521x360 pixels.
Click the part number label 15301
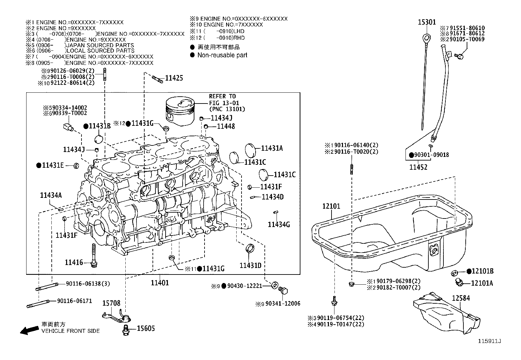[427, 22]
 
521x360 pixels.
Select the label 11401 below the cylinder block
[160, 282]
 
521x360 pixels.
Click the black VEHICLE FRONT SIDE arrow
[29, 330]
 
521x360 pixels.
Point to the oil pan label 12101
[331, 206]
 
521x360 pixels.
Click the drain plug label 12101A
[482, 283]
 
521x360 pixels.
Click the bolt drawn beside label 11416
[94, 256]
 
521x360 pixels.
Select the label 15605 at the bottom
[146, 329]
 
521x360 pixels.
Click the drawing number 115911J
[490, 341]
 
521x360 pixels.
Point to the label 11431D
[250, 265]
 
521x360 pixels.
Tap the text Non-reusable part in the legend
[222, 55]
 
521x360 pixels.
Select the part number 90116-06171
[74, 301]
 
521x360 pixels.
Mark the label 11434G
[278, 224]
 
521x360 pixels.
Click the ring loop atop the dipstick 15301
[425, 36]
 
